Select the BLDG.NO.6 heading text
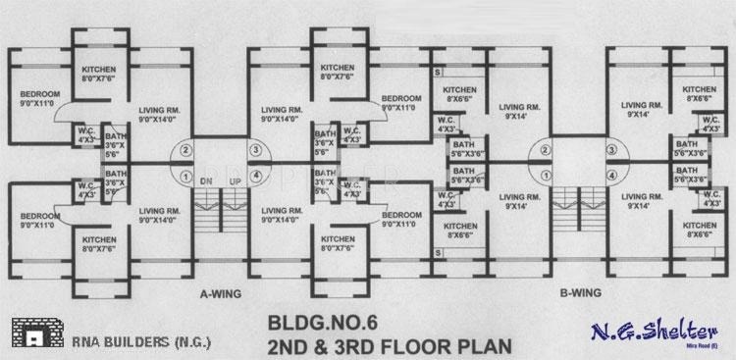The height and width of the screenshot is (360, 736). (x=321, y=321)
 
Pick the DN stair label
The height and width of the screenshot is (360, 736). (x=206, y=182)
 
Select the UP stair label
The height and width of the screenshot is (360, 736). (x=235, y=182)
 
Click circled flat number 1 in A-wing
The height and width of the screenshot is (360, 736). (x=184, y=177)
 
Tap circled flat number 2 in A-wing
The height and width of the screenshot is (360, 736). (x=184, y=150)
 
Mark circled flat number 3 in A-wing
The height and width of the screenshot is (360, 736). (x=257, y=150)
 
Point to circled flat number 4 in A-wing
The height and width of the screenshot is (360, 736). (x=257, y=177)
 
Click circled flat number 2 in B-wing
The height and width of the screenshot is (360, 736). (x=538, y=150)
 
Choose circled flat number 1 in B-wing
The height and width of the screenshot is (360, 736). (x=538, y=177)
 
